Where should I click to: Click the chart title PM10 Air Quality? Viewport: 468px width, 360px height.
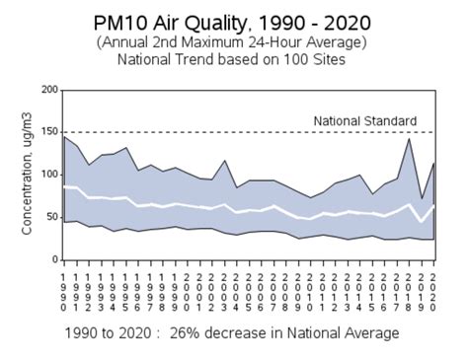[234, 22]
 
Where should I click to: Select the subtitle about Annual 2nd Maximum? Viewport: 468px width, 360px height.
[234, 42]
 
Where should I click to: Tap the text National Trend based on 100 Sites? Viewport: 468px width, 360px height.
[234, 59]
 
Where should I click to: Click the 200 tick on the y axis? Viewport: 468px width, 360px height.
[47, 90]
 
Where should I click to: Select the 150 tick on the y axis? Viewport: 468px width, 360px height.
[47, 132]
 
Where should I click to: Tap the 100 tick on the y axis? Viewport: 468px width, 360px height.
[47, 175]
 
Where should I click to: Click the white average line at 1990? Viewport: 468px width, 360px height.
[64, 186]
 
